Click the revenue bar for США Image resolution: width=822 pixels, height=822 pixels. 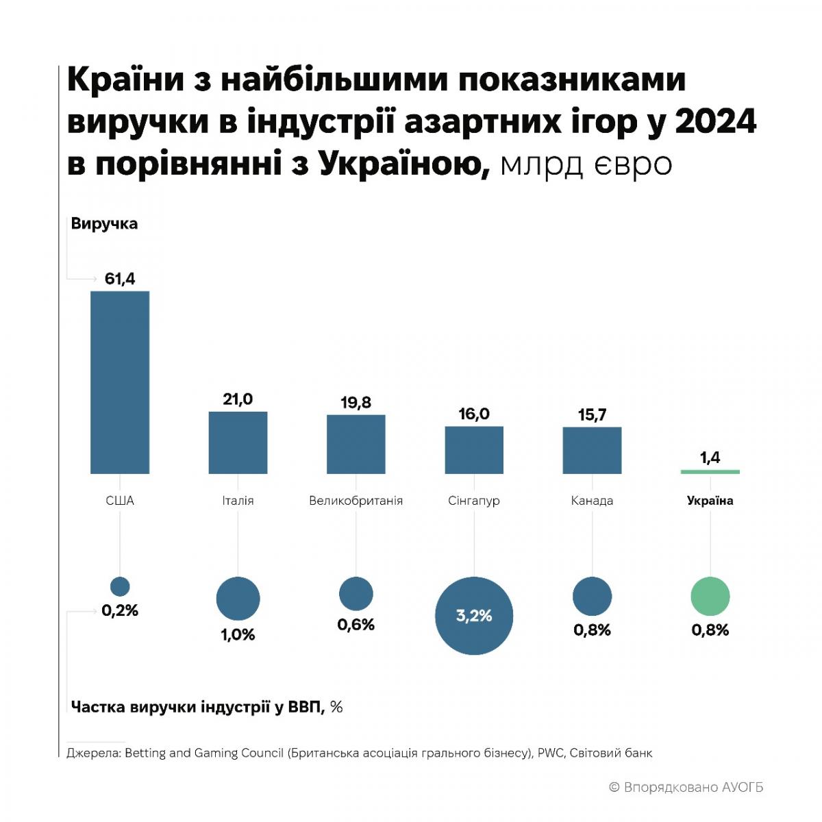[x=120, y=382]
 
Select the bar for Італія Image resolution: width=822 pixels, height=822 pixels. [x=238, y=443]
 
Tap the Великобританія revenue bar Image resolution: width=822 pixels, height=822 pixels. [x=356, y=444]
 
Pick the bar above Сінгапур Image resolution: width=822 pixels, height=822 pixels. [x=474, y=450]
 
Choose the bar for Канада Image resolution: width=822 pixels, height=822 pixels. [x=592, y=451]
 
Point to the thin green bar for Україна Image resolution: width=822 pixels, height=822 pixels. [x=710, y=472]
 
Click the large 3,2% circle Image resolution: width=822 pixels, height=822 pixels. [x=474, y=616]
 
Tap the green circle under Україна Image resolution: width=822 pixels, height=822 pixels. [x=710, y=597]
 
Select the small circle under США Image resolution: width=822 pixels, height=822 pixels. [x=120, y=586]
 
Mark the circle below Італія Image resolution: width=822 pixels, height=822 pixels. [x=238, y=599]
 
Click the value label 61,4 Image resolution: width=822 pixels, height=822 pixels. [x=120, y=279]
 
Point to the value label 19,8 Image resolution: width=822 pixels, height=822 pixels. [x=356, y=403]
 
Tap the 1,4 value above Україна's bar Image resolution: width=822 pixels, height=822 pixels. [x=710, y=458]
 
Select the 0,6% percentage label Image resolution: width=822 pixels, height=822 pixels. [x=356, y=625]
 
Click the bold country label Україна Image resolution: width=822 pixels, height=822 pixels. [x=710, y=501]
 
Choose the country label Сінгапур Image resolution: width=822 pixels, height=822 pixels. [x=474, y=501]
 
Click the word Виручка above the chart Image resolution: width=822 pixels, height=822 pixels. [x=104, y=224]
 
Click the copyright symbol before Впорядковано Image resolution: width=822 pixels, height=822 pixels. [x=614, y=788]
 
